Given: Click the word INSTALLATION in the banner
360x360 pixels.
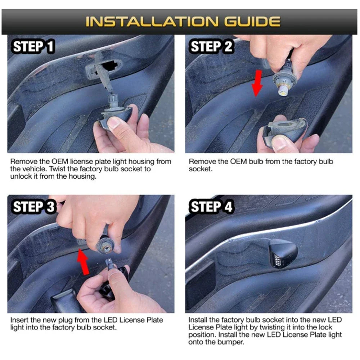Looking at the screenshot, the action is click(152, 22).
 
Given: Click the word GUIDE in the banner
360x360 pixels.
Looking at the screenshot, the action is click(252, 22).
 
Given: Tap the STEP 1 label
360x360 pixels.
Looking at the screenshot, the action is click(33, 46).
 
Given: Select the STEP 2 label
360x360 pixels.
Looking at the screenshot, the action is click(211, 46).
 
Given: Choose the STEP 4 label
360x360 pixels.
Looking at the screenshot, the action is click(211, 207).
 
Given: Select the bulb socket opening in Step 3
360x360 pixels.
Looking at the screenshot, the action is click(107, 248).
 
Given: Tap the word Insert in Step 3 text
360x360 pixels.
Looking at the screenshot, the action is click(19, 320).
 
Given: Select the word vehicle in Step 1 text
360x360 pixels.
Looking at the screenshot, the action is click(35, 169).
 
